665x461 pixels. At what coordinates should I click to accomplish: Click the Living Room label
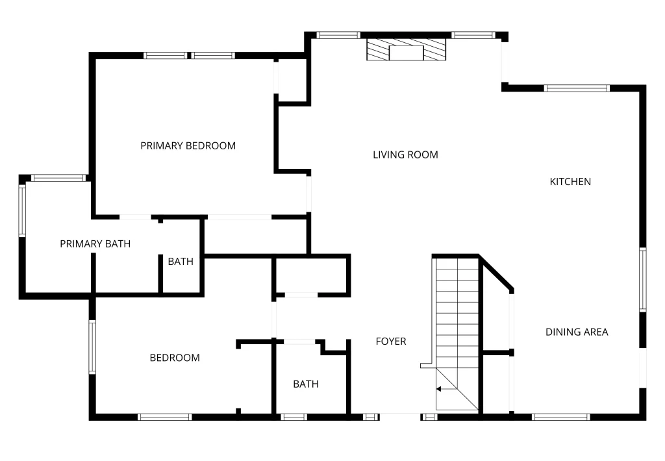[x=405, y=155]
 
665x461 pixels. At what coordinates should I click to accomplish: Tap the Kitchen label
[x=570, y=182]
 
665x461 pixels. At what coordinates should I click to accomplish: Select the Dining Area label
[x=577, y=332]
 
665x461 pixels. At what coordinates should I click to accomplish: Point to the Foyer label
[x=391, y=341]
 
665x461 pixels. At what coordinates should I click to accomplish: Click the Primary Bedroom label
[x=188, y=145]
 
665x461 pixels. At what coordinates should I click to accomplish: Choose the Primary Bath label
[x=95, y=244]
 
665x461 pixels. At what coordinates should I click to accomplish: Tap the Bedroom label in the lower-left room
[x=175, y=358]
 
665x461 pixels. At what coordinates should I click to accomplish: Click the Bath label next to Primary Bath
[x=181, y=262]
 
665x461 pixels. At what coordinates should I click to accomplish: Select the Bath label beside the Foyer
[x=305, y=384]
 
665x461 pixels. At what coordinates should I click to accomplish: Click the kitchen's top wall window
[x=577, y=88]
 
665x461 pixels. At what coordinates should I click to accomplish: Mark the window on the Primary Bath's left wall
[x=22, y=210]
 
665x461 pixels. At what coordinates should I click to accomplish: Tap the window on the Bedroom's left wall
[x=92, y=347]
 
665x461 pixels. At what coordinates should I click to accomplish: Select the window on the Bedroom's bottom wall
[x=165, y=417]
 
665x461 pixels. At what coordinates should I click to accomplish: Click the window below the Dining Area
[x=561, y=417]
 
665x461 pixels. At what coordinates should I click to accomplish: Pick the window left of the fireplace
[x=338, y=35]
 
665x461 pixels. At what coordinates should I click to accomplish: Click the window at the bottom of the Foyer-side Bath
[x=294, y=417]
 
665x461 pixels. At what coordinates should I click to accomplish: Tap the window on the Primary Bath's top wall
[x=58, y=178]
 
